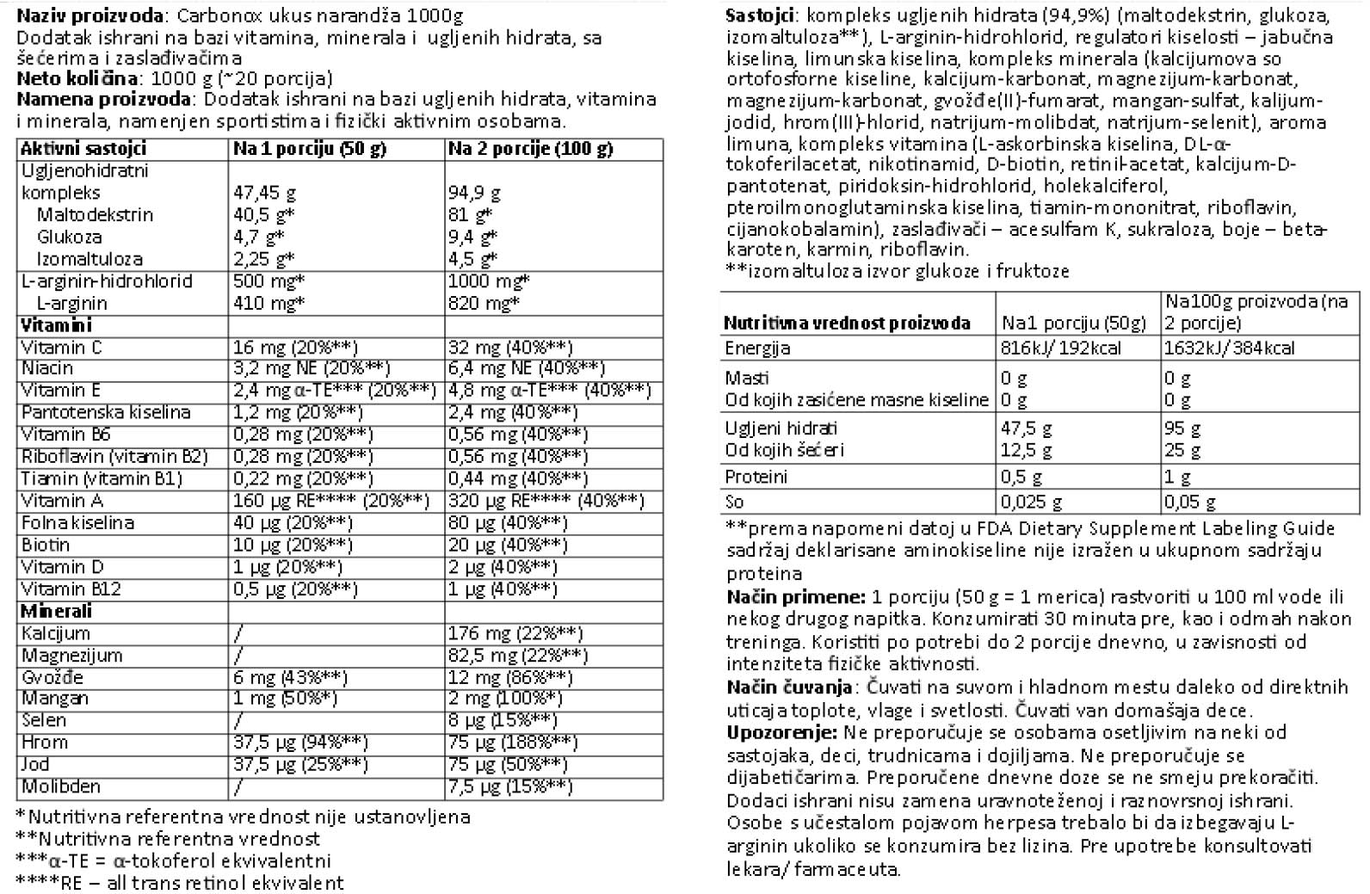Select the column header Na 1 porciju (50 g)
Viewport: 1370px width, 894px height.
tap(309, 149)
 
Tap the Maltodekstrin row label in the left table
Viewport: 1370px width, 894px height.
tap(95, 215)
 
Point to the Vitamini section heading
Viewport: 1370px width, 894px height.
tap(56, 325)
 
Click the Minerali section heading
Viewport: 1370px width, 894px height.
tap(56, 612)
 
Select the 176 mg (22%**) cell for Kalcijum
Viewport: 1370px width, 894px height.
tap(515, 634)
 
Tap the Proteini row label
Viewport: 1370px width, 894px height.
tap(756, 477)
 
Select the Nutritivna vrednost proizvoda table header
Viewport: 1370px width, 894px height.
tap(847, 324)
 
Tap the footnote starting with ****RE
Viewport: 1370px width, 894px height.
tap(180, 883)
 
